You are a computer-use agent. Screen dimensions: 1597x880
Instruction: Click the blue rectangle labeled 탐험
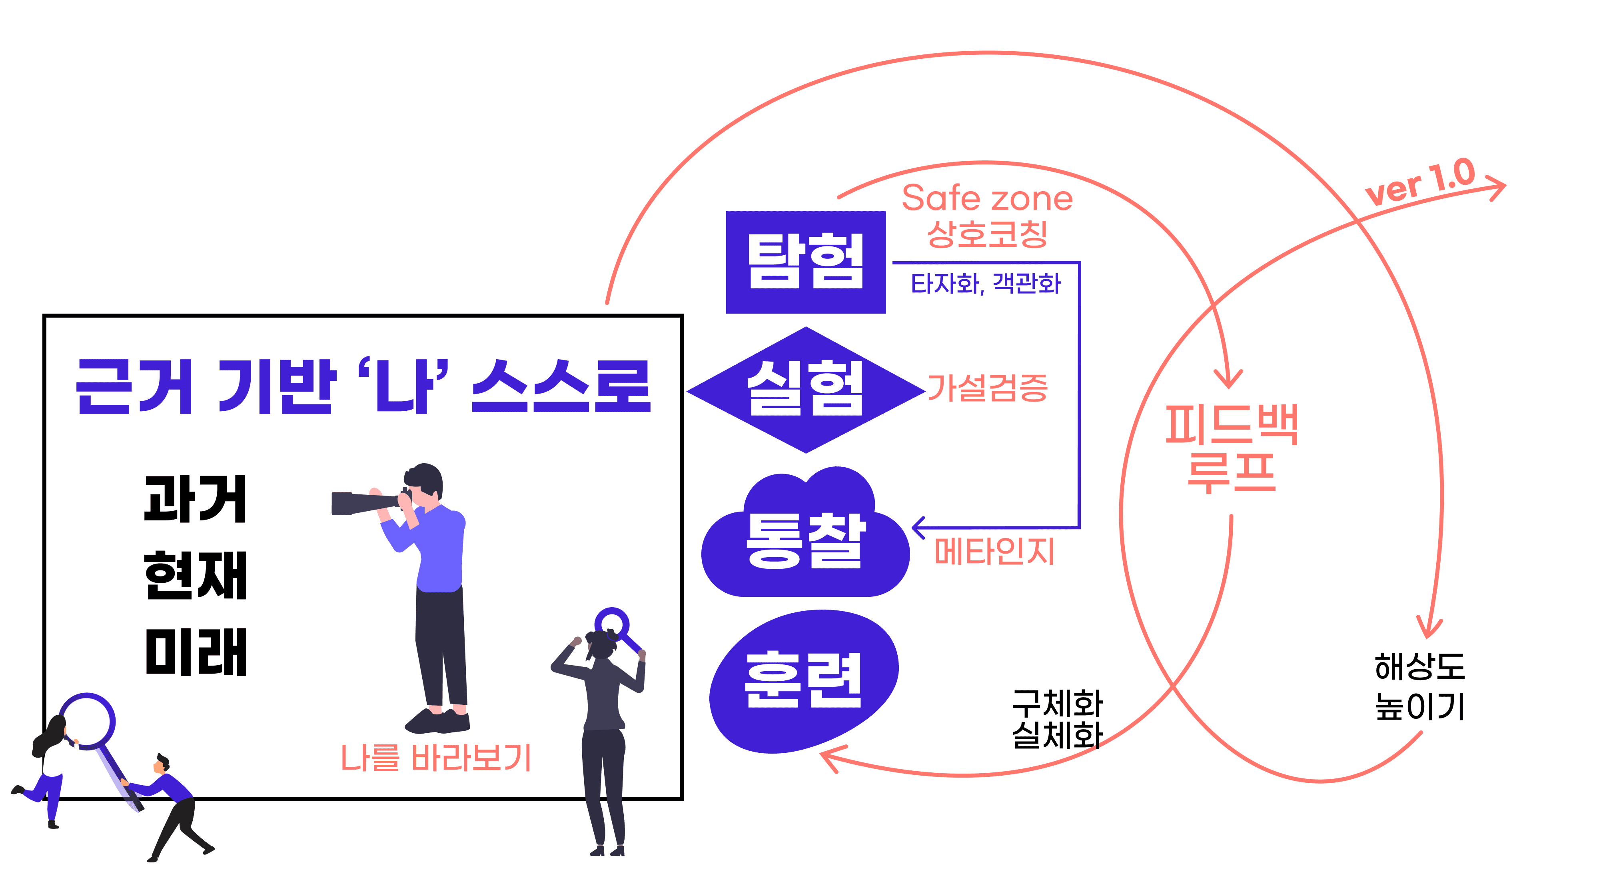pos(805,262)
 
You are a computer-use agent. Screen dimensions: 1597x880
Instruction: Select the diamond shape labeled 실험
pos(805,390)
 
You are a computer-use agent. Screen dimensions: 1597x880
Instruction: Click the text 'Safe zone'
pos(987,198)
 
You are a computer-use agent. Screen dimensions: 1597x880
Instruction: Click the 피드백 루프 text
pos(1231,448)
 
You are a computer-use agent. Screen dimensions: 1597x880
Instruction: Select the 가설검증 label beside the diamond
pos(987,388)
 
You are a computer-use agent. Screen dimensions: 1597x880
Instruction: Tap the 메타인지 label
pos(994,551)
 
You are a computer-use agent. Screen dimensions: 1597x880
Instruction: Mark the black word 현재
pos(195,576)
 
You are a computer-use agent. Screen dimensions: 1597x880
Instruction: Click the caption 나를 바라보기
pos(436,758)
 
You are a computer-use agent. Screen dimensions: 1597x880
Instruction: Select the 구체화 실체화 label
pos(1057,719)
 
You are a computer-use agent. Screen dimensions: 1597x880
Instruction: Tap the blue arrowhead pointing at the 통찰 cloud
pos(918,528)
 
